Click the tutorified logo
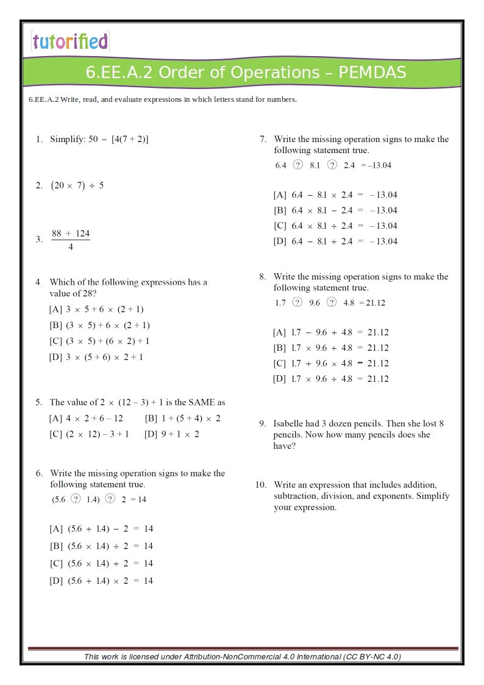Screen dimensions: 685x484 point(70,41)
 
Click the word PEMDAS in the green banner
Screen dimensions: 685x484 point(372,73)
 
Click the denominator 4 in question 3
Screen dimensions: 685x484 point(71,247)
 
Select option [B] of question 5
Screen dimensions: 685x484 point(152,418)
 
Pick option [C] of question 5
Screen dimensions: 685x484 point(56,434)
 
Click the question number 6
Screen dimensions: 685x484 point(39,473)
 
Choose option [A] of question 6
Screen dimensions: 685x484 point(56,529)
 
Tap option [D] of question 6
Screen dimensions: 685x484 point(56,581)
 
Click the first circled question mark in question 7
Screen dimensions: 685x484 point(297,165)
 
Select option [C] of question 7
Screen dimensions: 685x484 point(280,226)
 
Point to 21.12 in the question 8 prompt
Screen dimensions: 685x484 point(375,303)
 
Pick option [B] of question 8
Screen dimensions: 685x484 point(280,348)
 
